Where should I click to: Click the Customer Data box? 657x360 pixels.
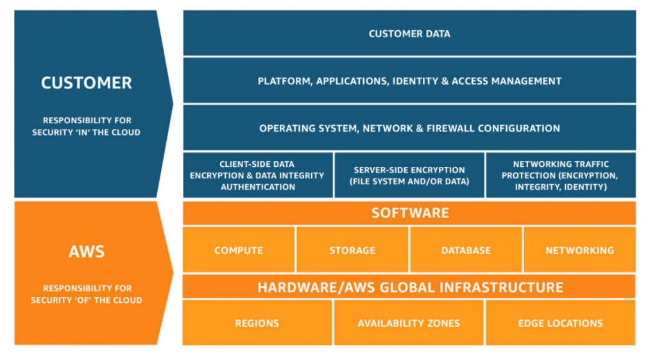coord(409,33)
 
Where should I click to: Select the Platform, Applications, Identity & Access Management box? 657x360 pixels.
coord(409,81)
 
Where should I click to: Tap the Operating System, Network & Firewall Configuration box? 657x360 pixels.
coord(409,128)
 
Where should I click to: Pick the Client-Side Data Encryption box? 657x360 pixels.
coord(258,175)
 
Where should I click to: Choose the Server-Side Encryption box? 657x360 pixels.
coord(409,175)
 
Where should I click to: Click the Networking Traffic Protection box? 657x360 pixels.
coord(560,175)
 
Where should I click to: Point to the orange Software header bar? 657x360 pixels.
coord(409,213)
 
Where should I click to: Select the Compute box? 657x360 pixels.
coord(239,250)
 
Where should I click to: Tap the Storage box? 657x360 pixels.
coord(352,250)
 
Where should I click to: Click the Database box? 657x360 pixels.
coord(466,250)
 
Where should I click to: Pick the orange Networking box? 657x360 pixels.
coord(579,250)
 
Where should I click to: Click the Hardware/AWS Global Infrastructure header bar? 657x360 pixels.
coord(409,287)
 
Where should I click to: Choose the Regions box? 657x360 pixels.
coord(257,323)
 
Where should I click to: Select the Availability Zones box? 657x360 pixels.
coord(409,323)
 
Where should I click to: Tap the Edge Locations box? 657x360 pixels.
coord(560,323)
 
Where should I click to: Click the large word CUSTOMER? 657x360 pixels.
coord(87,83)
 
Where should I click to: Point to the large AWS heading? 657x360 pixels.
coord(87,251)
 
